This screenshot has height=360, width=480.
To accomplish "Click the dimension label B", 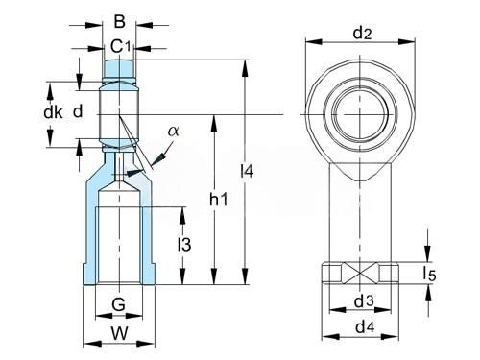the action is point(119,22).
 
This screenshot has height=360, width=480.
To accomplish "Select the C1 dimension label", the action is point(121,47).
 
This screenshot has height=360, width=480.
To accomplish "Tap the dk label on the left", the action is point(53,112).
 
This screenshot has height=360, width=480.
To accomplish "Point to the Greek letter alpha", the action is point(174,131).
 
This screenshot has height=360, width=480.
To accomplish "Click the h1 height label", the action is point(218,200).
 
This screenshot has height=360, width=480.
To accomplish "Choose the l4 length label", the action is point(247,171).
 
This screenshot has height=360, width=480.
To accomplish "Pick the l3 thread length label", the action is point(184,245).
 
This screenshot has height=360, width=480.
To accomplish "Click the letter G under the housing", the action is point(118,304).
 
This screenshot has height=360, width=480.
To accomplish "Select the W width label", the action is point(119,333).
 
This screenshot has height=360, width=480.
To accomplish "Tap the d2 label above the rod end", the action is point(362,34).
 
